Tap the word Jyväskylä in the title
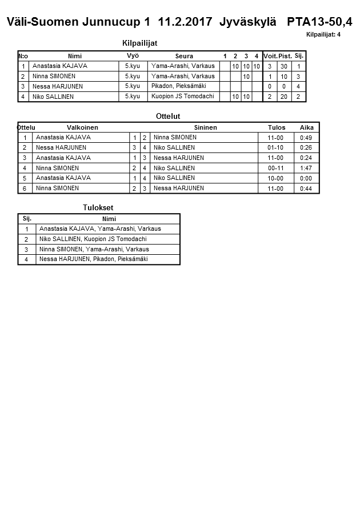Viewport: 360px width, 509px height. (247, 22)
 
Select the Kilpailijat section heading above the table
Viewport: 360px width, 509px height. (140, 43)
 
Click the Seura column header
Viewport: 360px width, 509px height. (184, 56)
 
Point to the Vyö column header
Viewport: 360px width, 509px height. (133, 55)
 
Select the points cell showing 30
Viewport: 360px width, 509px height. (283, 66)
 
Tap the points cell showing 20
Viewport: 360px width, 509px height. (283, 97)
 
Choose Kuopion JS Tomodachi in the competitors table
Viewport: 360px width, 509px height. (183, 97)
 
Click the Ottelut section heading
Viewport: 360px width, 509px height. (168, 116)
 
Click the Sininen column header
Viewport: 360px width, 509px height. (205, 127)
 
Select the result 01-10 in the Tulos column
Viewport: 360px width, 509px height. (275, 148)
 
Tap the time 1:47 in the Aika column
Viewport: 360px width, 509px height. (306, 169)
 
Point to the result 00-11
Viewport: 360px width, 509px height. (275, 169)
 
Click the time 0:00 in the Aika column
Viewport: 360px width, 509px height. (306, 178)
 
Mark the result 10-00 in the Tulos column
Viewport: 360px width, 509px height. (275, 178)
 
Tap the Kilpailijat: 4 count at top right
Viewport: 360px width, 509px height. (323, 35)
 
